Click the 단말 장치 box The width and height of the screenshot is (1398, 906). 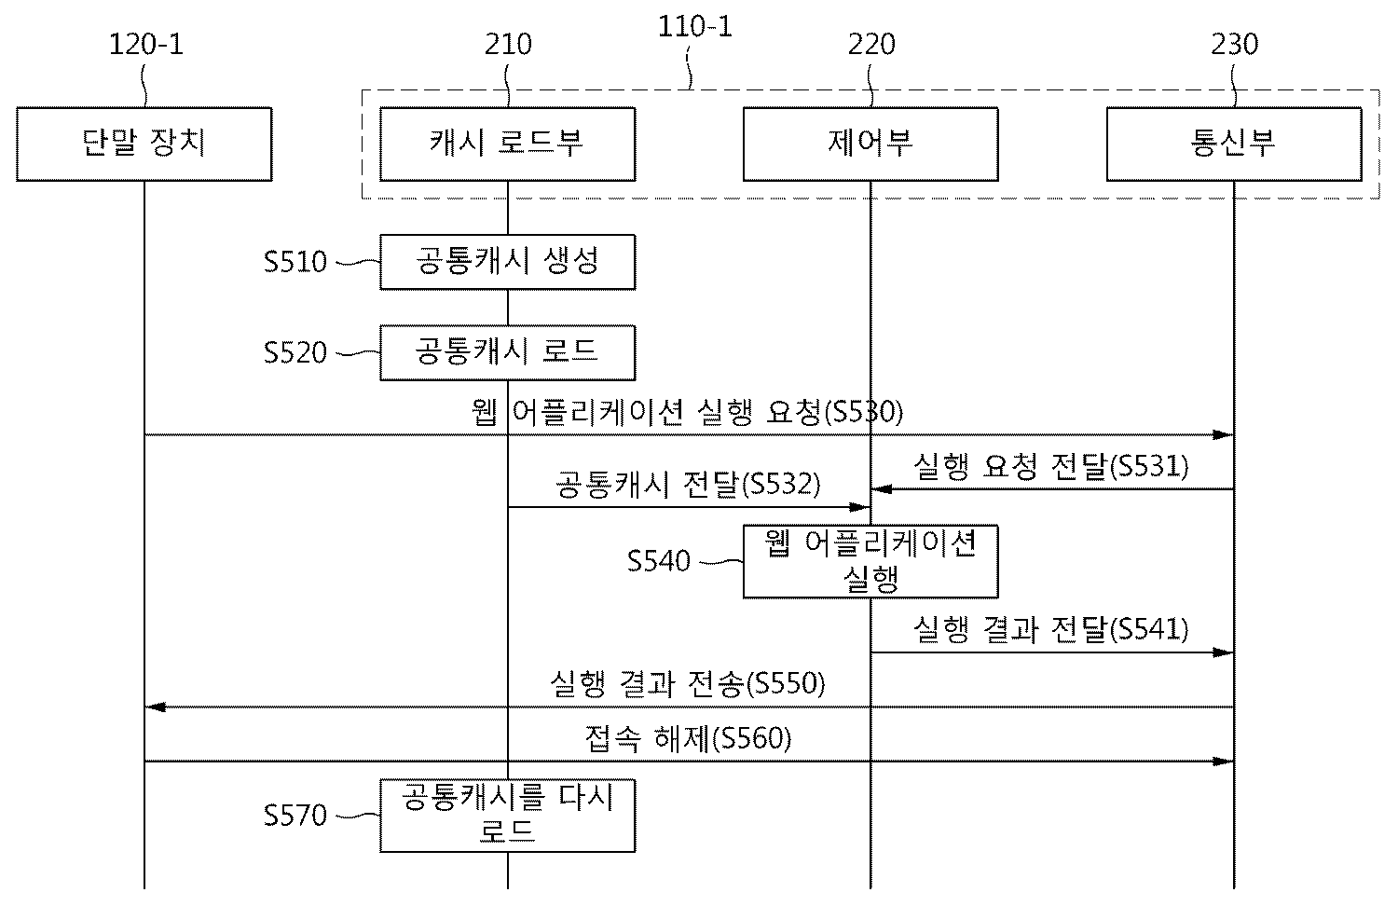(x=144, y=144)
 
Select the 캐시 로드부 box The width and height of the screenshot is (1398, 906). (x=507, y=144)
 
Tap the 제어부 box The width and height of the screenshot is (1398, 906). (x=870, y=144)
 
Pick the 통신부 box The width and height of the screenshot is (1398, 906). (x=1234, y=144)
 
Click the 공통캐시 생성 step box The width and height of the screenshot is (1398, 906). (x=507, y=262)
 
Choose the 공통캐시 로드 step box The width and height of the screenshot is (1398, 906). (x=507, y=352)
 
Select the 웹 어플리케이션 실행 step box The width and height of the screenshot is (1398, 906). (x=870, y=561)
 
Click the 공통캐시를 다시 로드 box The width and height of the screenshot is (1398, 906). (x=507, y=816)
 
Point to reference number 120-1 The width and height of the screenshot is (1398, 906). (x=146, y=44)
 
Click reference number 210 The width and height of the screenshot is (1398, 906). (x=508, y=44)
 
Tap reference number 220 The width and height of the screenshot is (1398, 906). (x=871, y=44)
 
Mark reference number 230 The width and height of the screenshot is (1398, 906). (x=1235, y=44)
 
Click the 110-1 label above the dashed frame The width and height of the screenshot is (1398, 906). (x=695, y=26)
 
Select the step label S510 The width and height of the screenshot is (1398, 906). (x=295, y=262)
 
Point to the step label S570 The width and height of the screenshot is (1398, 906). (x=295, y=816)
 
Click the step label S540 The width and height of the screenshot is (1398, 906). (x=659, y=561)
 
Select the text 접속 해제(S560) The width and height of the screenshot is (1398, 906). (x=689, y=739)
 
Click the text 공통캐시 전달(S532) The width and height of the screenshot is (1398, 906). (x=689, y=484)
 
